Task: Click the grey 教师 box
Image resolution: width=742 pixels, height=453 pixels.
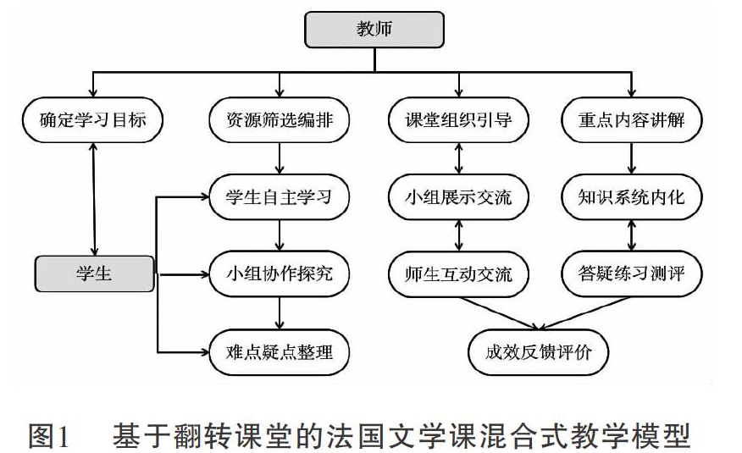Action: (x=374, y=30)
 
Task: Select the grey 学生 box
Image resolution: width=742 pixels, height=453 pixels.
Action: (x=95, y=273)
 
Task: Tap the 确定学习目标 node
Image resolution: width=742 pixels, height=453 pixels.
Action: (x=93, y=120)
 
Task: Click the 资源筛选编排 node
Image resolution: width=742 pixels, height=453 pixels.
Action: (x=280, y=120)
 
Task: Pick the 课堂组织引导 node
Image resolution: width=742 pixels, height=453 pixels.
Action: (x=458, y=120)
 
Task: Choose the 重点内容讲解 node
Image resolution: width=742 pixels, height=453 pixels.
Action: (x=631, y=120)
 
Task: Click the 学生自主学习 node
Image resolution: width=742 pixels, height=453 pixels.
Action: (x=280, y=197)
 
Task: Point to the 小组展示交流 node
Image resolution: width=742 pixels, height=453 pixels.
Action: (x=458, y=197)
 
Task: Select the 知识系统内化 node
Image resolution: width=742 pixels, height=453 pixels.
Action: (x=631, y=197)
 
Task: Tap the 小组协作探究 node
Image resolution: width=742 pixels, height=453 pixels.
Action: (x=280, y=274)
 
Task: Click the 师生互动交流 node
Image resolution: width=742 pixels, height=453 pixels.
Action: (x=458, y=274)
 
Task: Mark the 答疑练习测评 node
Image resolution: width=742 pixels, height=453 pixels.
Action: (x=631, y=274)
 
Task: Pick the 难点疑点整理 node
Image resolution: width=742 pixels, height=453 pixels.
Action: (x=280, y=352)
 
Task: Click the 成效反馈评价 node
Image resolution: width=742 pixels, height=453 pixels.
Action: (x=538, y=352)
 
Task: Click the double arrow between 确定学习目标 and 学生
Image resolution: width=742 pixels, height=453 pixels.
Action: (x=94, y=199)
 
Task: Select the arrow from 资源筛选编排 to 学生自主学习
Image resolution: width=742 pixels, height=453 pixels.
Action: (x=280, y=158)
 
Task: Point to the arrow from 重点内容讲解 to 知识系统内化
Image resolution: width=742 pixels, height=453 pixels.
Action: (x=631, y=158)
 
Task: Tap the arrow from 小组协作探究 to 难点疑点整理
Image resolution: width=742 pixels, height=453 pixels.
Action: (x=280, y=313)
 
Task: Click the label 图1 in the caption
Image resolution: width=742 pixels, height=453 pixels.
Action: (x=49, y=436)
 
